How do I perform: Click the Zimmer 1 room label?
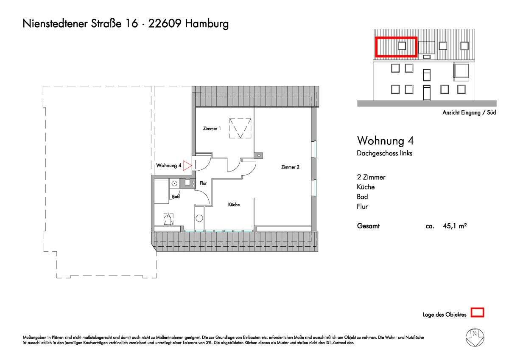pyautogui.click(x=212, y=128)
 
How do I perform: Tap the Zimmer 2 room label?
pyautogui.click(x=290, y=167)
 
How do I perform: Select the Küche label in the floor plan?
pyautogui.click(x=234, y=205)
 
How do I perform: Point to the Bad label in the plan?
pyautogui.click(x=176, y=197)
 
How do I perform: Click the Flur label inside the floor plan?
pyautogui.click(x=203, y=183)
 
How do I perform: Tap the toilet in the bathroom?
pyautogui.click(x=168, y=219)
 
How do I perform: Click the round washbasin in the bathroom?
pyautogui.click(x=174, y=183)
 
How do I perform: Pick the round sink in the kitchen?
pyautogui.click(x=199, y=218)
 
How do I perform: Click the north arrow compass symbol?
pyautogui.click(x=475, y=337)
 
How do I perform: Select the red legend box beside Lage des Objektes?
pyautogui.click(x=478, y=313)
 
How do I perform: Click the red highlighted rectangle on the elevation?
pyautogui.click(x=396, y=47)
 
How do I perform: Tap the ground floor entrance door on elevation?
pyautogui.click(x=427, y=93)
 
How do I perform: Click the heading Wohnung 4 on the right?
pyautogui.click(x=385, y=141)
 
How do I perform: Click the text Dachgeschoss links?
pyautogui.click(x=384, y=153)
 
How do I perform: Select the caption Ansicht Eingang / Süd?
pyautogui.click(x=469, y=113)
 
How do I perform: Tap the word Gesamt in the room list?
pyautogui.click(x=368, y=226)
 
